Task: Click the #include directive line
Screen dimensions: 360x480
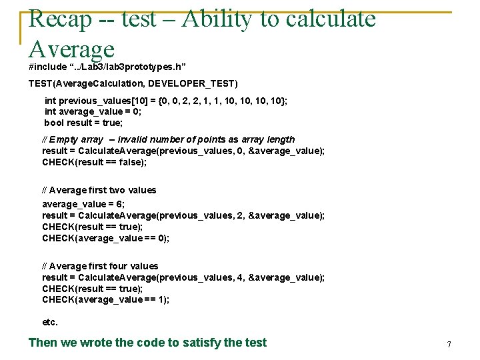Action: [x=107, y=67]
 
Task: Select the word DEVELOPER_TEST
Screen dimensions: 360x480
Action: [x=191, y=83]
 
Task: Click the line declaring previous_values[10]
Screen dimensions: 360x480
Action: [x=166, y=101]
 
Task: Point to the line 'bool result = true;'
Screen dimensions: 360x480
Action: [x=83, y=123]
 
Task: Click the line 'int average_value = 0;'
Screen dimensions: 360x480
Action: [x=93, y=111]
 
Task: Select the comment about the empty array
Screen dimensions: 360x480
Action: [x=168, y=139]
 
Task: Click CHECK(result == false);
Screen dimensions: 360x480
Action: [x=94, y=162]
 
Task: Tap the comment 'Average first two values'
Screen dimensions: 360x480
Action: [x=99, y=190]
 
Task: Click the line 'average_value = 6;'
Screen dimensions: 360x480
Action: [x=83, y=204]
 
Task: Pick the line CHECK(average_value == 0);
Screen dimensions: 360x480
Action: [x=105, y=238]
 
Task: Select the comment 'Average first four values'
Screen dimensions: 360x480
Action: [x=100, y=266]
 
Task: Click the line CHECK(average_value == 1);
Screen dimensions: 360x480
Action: [x=105, y=299]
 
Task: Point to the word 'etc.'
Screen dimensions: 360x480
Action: [x=50, y=322]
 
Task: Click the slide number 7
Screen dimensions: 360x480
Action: [x=449, y=345]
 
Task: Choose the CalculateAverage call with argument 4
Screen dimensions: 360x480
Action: [x=183, y=277]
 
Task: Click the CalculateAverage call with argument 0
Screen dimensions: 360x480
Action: [x=183, y=151]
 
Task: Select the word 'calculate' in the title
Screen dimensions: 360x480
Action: [x=331, y=19]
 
